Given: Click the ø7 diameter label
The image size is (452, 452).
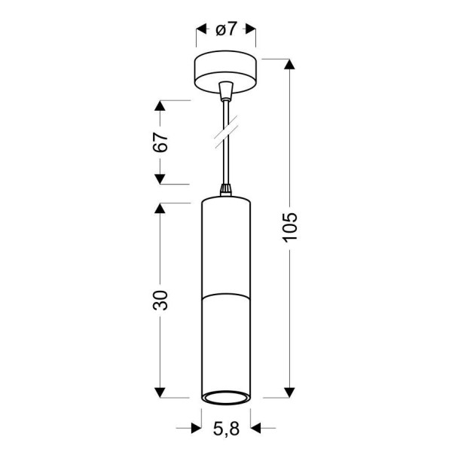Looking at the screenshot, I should click(x=226, y=29).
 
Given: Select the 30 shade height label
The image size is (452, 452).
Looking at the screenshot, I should click(x=160, y=300).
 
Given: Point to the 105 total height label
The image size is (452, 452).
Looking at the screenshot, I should click(x=291, y=228).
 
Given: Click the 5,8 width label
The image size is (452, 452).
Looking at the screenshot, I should click(x=226, y=430).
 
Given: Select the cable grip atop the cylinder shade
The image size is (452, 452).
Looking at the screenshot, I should click(x=225, y=190).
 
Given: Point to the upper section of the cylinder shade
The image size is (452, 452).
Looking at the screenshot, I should click(x=225, y=245).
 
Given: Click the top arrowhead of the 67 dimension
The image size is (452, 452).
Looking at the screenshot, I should click(x=160, y=105).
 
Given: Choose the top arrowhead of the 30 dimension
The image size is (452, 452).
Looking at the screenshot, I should click(x=160, y=208).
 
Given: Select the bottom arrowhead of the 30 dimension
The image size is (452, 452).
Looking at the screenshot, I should click(x=160, y=392).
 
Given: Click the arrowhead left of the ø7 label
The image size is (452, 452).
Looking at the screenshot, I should click(x=201, y=30).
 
